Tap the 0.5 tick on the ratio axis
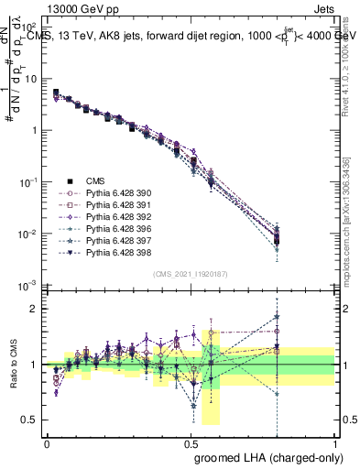tap(30, 420)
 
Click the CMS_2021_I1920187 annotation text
tap(191, 274)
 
